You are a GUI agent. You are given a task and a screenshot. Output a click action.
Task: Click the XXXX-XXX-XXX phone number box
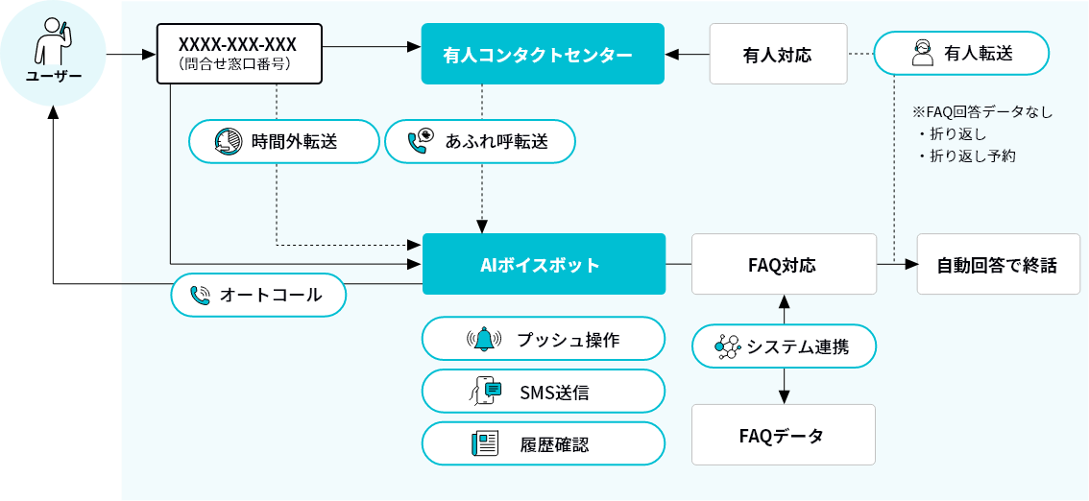pyautogui.click(x=237, y=54)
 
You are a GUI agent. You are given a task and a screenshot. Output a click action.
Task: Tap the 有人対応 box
pyautogui.click(x=777, y=55)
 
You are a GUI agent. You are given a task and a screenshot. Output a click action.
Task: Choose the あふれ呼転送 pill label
pyautogui.click(x=479, y=142)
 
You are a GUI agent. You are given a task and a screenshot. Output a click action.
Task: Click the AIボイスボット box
pyautogui.click(x=544, y=264)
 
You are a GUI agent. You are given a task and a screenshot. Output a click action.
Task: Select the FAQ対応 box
pyautogui.click(x=784, y=264)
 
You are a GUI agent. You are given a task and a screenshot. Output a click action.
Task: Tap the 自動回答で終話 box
pyautogui.click(x=997, y=264)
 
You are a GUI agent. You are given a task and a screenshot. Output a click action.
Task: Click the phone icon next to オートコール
pyautogui.click(x=200, y=296)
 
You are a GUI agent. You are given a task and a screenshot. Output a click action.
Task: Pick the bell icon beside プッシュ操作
pyautogui.click(x=484, y=339)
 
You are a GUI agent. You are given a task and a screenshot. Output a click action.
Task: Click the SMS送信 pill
pyautogui.click(x=544, y=392)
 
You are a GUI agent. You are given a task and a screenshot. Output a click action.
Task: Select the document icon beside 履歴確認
pyautogui.click(x=485, y=443)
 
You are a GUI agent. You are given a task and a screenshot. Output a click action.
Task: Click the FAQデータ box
pyautogui.click(x=784, y=435)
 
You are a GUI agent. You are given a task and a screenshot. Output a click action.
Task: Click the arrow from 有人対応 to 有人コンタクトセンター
pyautogui.click(x=686, y=55)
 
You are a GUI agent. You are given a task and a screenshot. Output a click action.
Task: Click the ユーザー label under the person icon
pyautogui.click(x=53, y=77)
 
